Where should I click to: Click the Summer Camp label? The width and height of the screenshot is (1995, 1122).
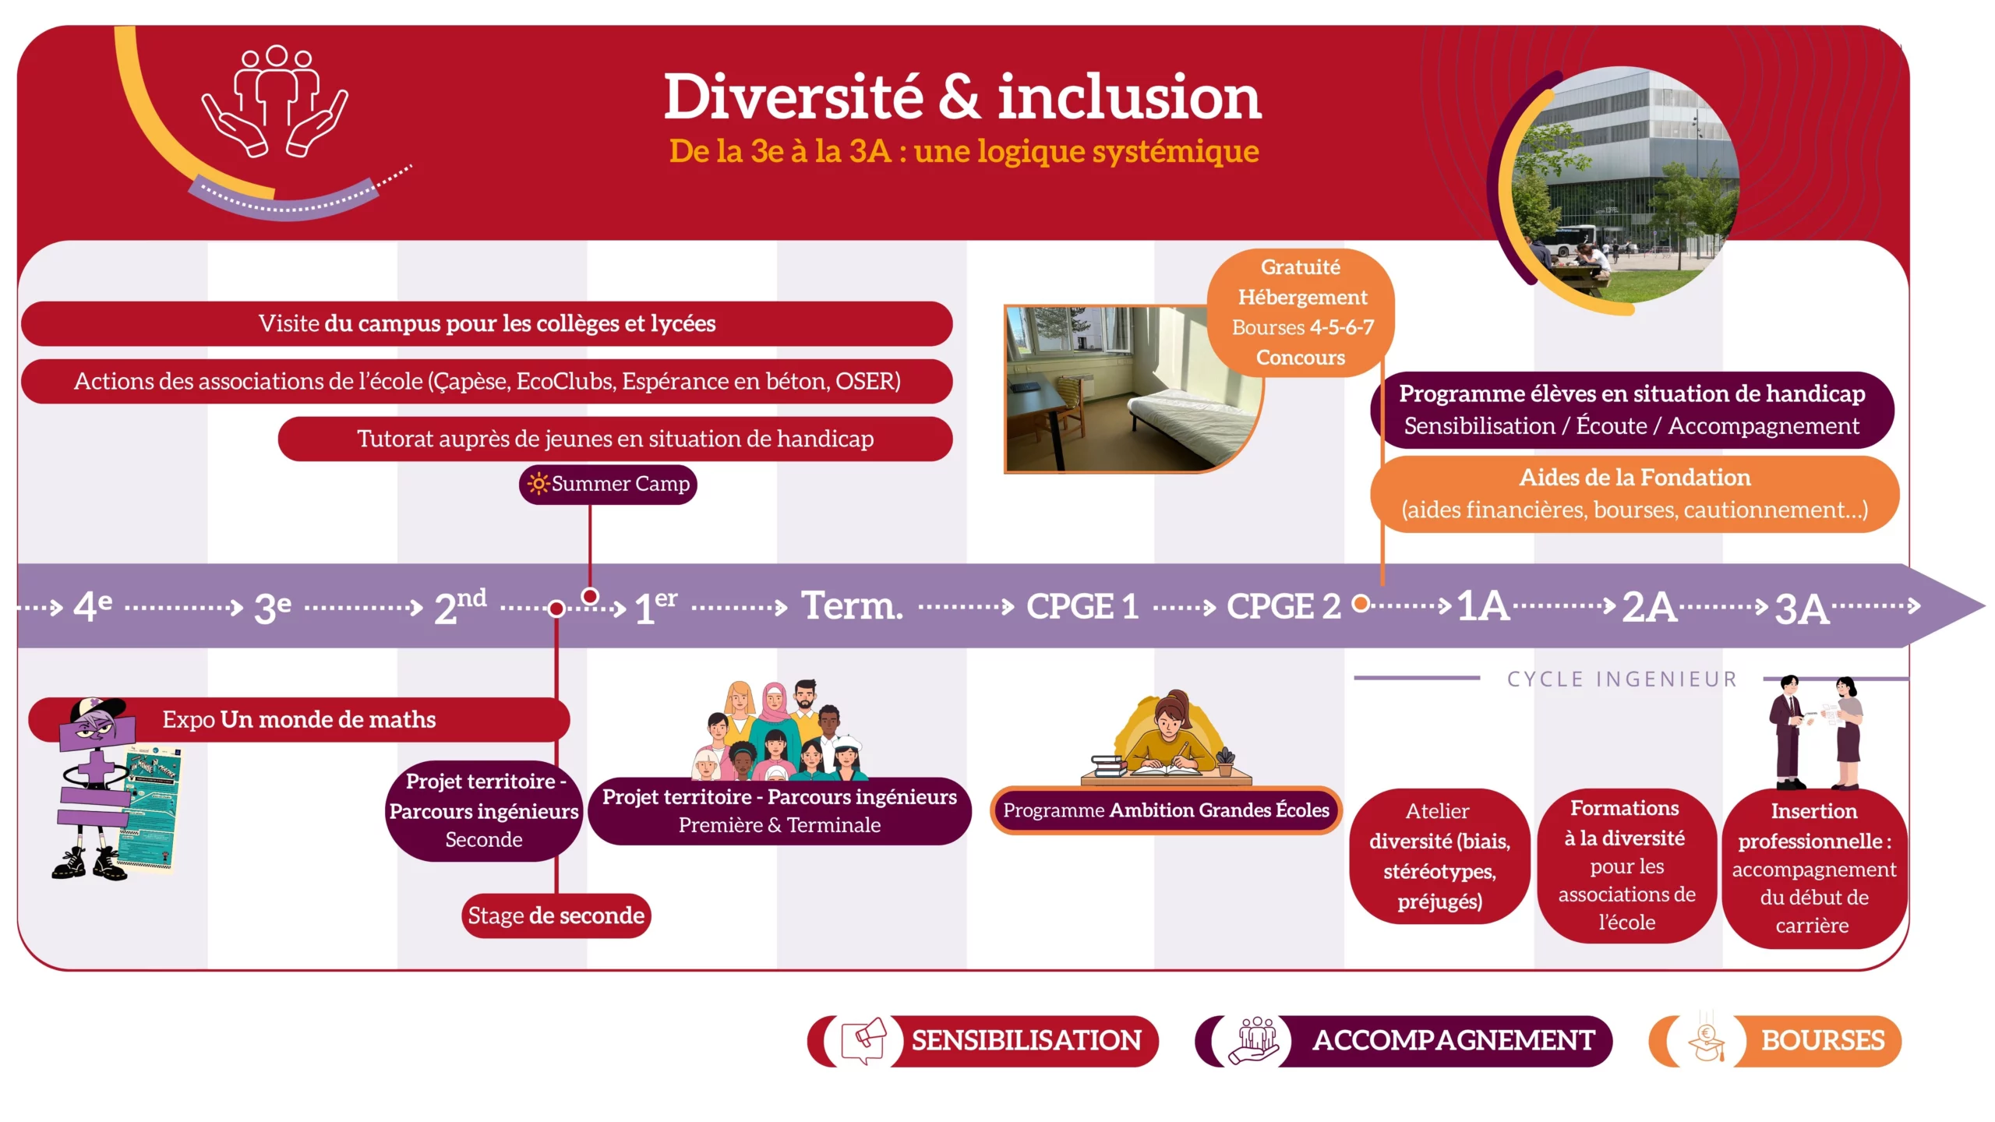coord(608,484)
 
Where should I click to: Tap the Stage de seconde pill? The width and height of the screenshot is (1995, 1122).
coord(556,916)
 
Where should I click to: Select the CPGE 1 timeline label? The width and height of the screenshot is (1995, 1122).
coord(1082,606)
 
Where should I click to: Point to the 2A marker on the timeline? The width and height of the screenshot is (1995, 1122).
coord(1649,606)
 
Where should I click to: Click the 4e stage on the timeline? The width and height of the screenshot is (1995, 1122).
coord(93,605)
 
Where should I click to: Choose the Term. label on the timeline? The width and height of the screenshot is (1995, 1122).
coord(853,605)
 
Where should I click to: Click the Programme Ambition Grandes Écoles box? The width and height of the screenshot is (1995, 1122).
coord(1166,810)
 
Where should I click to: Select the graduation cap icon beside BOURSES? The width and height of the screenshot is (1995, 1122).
coord(1706,1043)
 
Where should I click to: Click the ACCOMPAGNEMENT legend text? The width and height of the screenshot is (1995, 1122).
coord(1453,1041)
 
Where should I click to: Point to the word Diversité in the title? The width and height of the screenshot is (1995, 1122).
coord(793,97)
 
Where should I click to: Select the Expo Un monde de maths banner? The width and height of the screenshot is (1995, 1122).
coord(299,719)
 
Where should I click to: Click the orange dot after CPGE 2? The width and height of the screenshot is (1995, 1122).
coord(1361,603)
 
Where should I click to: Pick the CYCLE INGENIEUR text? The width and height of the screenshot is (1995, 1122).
coord(1622,679)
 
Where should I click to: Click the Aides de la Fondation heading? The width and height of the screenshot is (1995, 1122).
coord(1635,478)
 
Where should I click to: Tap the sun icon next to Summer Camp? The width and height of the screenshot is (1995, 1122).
coord(538,484)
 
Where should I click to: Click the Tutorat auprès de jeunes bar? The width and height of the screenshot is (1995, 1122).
coord(615,439)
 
